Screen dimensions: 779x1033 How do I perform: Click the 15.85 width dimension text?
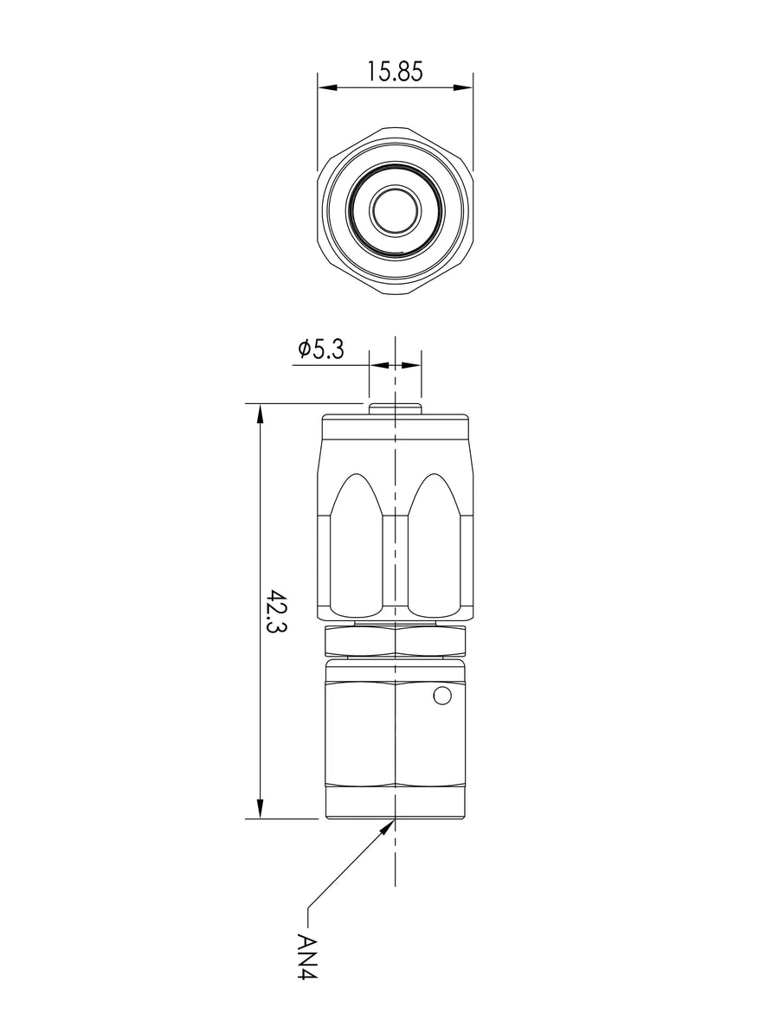point(395,71)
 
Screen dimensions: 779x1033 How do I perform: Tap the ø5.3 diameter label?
point(321,350)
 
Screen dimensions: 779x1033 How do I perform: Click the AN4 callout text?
point(307,955)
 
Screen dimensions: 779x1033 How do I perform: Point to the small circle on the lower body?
point(441,696)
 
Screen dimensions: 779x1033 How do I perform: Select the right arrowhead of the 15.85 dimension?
point(462,87)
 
